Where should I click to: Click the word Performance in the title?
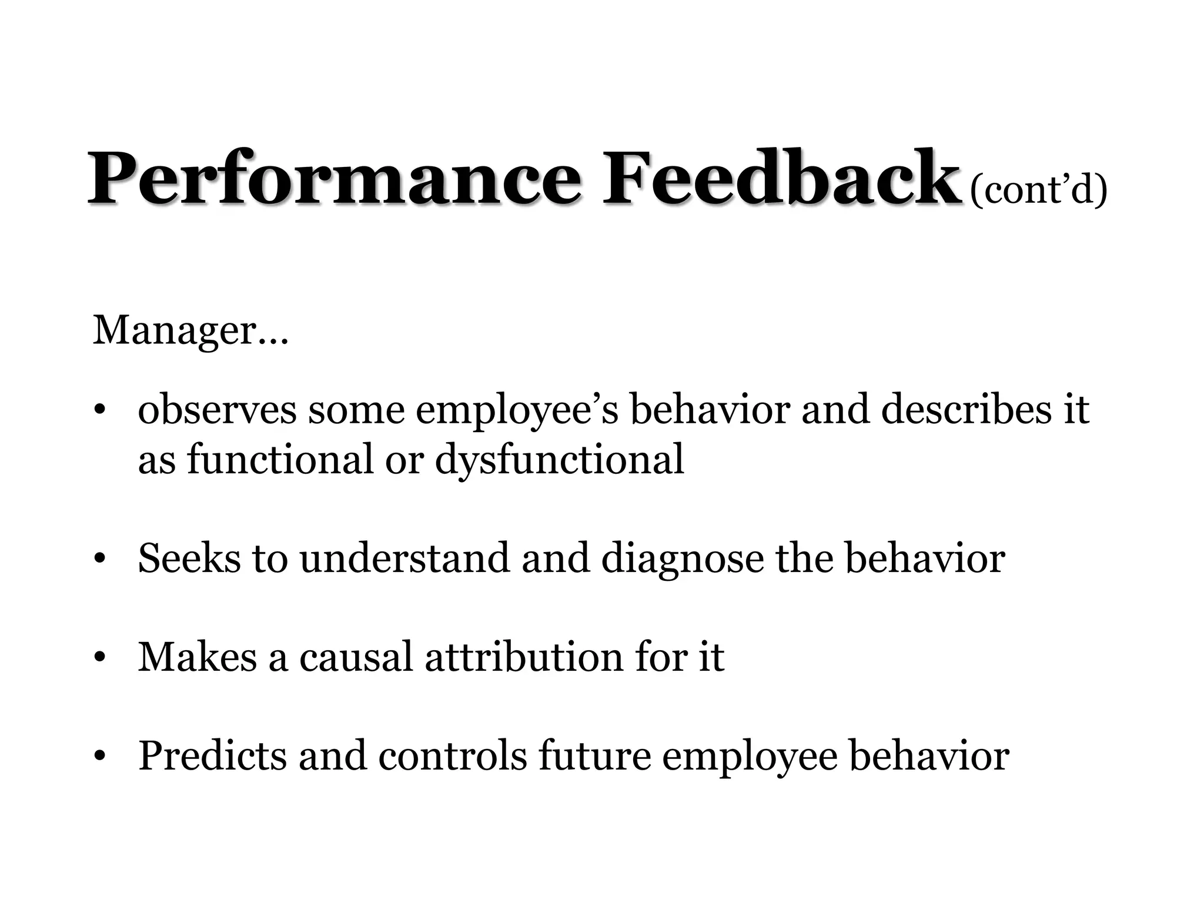(x=335, y=179)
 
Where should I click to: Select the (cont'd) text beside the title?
(x=1038, y=189)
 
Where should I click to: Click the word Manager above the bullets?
(x=174, y=331)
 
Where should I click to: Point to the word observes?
(x=217, y=410)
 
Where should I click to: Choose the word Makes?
(x=198, y=657)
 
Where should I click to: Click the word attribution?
(x=524, y=657)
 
